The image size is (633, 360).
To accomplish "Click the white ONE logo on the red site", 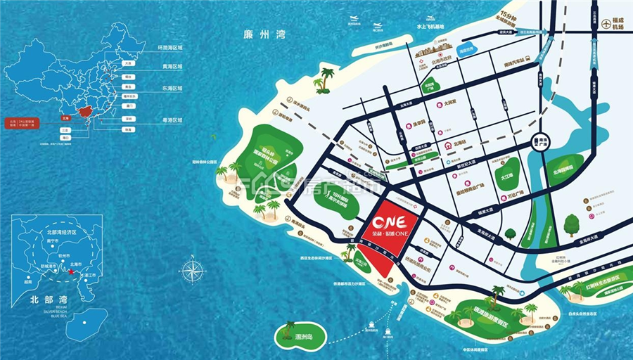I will (x=388, y=218).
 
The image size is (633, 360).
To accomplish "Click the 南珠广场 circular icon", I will (x=542, y=141).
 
